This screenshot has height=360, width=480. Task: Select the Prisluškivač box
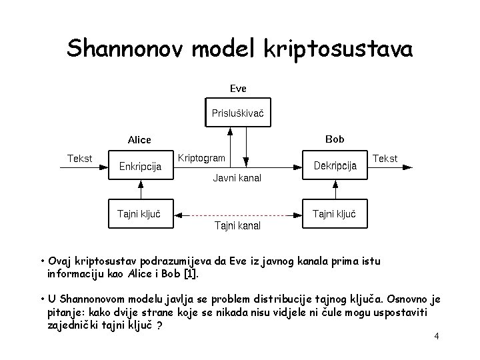click(238, 113)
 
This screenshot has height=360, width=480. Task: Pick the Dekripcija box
click(335, 165)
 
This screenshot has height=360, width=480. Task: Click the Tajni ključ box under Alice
click(141, 213)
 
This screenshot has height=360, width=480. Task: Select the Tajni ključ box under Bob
click(335, 213)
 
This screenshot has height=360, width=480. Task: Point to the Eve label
click(238, 87)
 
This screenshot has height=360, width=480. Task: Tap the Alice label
click(139, 140)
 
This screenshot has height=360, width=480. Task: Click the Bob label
click(335, 139)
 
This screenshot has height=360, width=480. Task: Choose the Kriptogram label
click(202, 157)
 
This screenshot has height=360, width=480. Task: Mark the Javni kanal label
click(237, 178)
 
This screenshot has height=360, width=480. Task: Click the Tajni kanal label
click(237, 226)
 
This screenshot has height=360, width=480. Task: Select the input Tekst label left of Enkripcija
click(80, 158)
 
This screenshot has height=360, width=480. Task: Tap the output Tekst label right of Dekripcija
click(385, 158)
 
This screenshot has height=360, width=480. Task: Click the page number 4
click(436, 336)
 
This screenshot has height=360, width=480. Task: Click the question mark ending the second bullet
click(161, 325)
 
